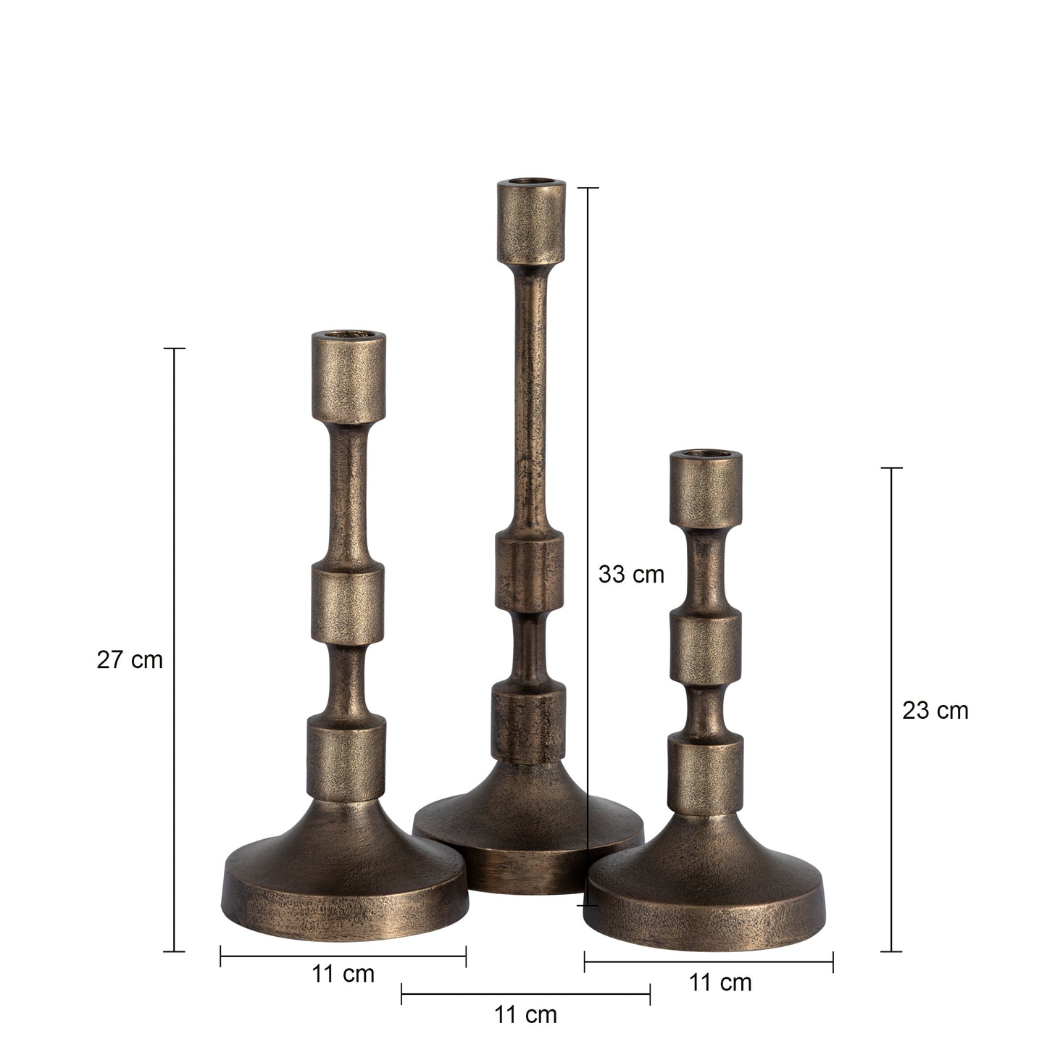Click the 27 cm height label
pos(130,660)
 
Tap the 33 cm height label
pos(631,575)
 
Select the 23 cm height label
pos(935,711)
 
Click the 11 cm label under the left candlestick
pos(343,975)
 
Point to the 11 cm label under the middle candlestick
pos(525,1015)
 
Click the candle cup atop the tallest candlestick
pos(531,222)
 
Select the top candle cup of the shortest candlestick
pos(706,489)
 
